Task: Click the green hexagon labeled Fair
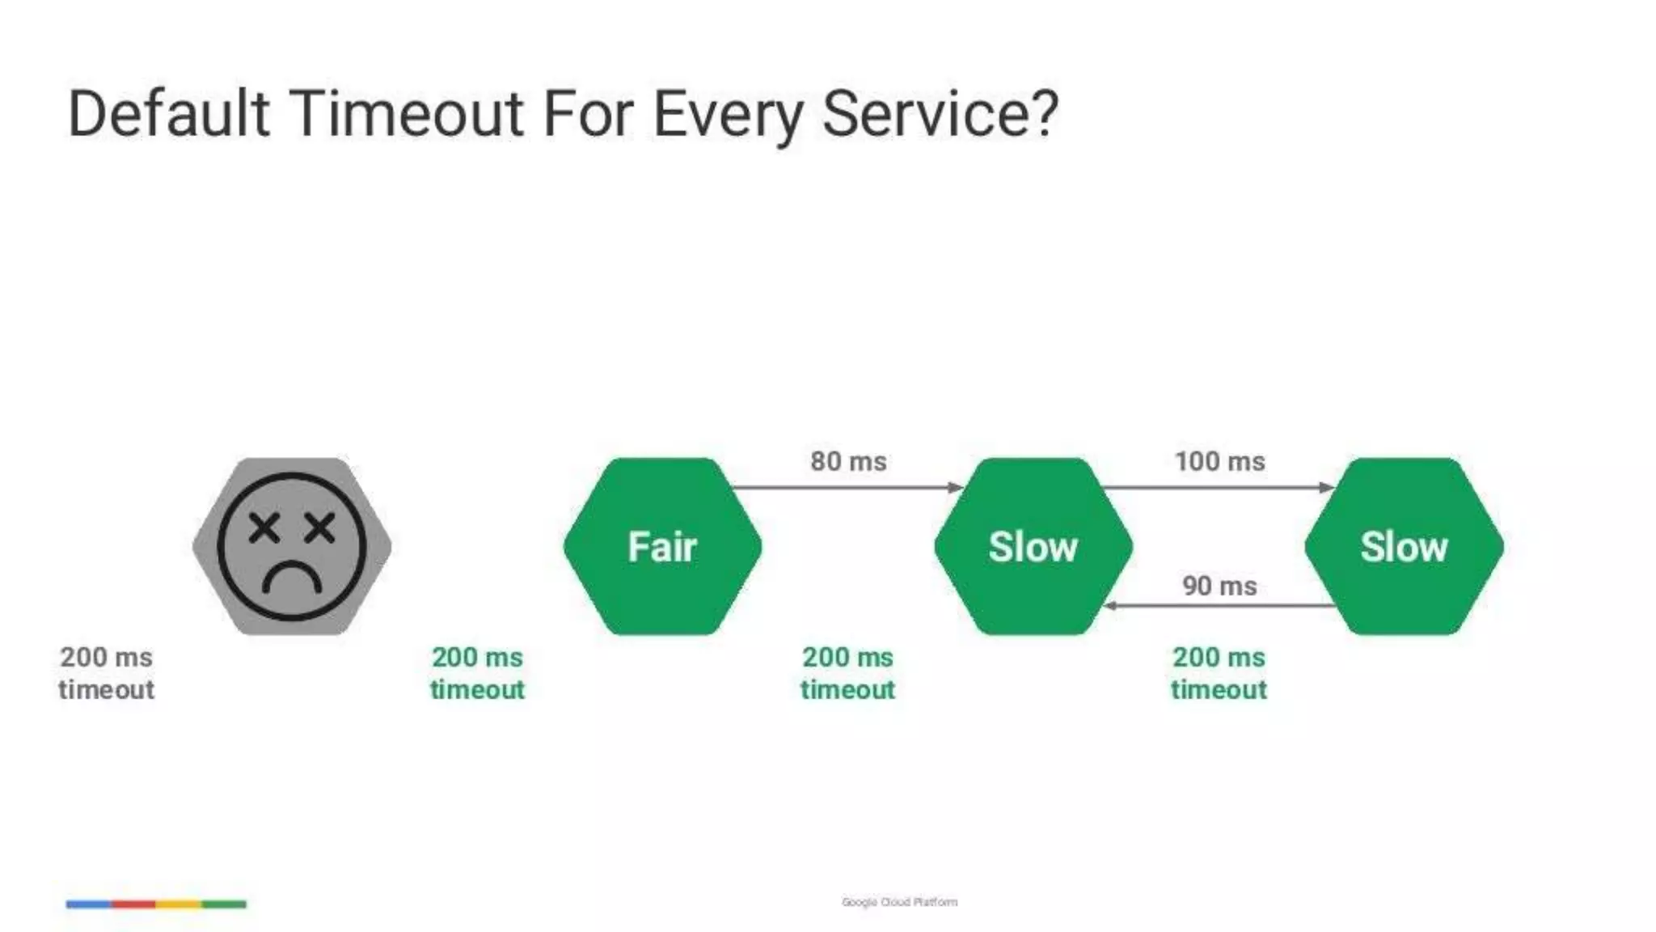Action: click(662, 546)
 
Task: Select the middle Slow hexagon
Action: click(1033, 546)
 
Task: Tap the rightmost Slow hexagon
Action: click(1404, 546)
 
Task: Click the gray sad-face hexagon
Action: click(292, 546)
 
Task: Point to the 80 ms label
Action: click(848, 461)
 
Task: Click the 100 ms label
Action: click(1219, 461)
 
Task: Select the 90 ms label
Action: click(1219, 586)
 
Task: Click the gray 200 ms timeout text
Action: click(106, 673)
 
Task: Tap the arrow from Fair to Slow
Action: click(845, 487)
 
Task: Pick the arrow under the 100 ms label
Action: click(1217, 487)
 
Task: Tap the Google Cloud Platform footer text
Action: click(899, 902)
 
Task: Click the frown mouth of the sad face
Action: click(292, 578)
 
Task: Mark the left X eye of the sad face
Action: click(264, 528)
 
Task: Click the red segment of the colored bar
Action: click(133, 904)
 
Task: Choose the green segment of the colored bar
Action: click(224, 904)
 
